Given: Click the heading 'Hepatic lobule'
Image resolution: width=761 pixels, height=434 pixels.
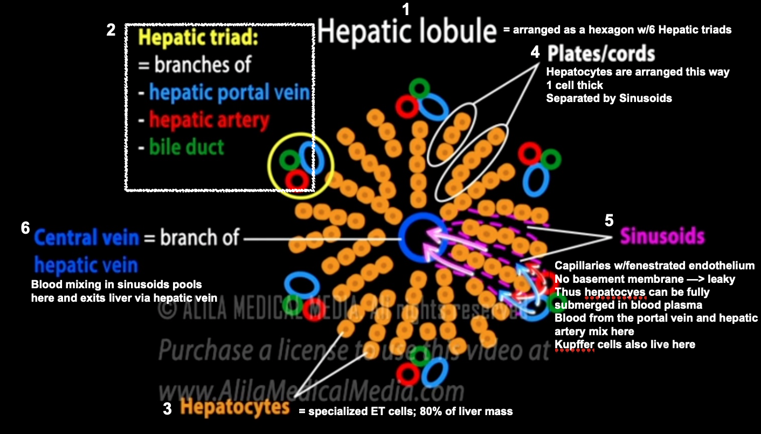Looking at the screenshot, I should [x=407, y=32].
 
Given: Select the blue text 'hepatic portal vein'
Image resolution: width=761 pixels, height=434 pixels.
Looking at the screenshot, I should [x=229, y=93].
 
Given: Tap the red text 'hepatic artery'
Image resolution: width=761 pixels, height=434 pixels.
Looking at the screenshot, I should [x=209, y=119].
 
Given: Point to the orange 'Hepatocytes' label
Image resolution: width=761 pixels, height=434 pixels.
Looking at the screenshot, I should [x=234, y=406].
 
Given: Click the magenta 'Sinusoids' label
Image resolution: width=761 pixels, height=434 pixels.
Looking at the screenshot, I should [x=662, y=236].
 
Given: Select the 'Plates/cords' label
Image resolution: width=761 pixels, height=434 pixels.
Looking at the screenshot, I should [x=601, y=53].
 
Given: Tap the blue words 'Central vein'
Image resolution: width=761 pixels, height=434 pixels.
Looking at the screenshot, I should [x=86, y=238].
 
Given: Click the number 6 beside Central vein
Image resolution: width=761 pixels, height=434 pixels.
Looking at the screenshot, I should [x=25, y=228].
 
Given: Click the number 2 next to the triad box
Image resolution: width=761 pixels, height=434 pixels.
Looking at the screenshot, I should [x=111, y=30].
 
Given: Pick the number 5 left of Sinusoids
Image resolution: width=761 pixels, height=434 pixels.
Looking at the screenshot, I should [x=609, y=221].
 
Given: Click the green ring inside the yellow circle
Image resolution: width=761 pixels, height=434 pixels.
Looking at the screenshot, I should [x=289, y=160].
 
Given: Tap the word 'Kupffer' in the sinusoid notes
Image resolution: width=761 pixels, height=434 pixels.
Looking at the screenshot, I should [x=575, y=344].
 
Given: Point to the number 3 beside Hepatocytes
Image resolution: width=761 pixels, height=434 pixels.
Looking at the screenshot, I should [x=167, y=409].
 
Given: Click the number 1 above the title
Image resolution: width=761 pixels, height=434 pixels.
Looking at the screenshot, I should [x=406, y=9].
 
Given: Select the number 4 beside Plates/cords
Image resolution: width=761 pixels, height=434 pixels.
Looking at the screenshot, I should [x=535, y=52].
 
